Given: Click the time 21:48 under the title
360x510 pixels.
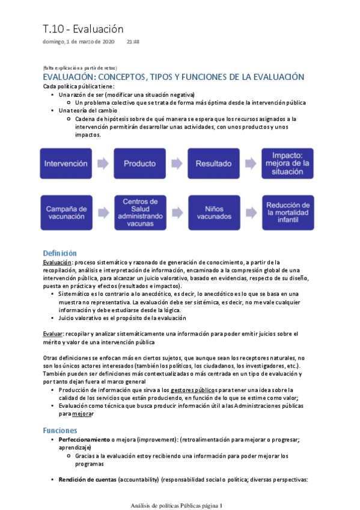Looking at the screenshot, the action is pyautogui.click(x=133, y=42).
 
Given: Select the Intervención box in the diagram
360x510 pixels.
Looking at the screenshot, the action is pyautogui.click(x=66, y=163).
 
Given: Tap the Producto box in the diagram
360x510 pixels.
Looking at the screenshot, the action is pyautogui.click(x=140, y=163).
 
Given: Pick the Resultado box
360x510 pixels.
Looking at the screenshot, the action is pyautogui.click(x=214, y=163).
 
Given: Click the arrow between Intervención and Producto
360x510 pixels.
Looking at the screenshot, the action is pyautogui.click(x=103, y=163).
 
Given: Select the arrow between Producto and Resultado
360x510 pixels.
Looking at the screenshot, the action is pyautogui.click(x=177, y=163).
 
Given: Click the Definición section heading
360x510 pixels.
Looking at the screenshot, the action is pyautogui.click(x=59, y=253).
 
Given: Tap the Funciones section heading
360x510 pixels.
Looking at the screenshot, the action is pyautogui.click(x=59, y=431).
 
